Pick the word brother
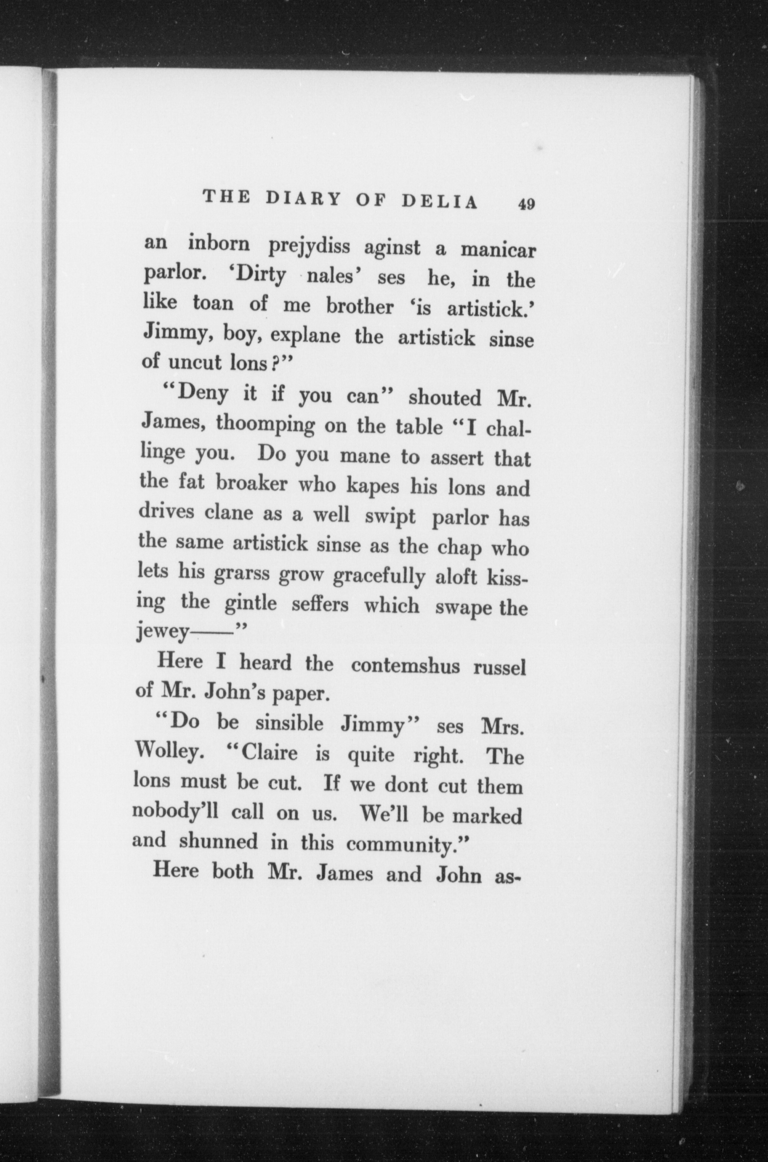pyautogui.click(x=359, y=307)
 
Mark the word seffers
pyautogui.click(x=320, y=605)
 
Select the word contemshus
pyautogui.click(x=406, y=666)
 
